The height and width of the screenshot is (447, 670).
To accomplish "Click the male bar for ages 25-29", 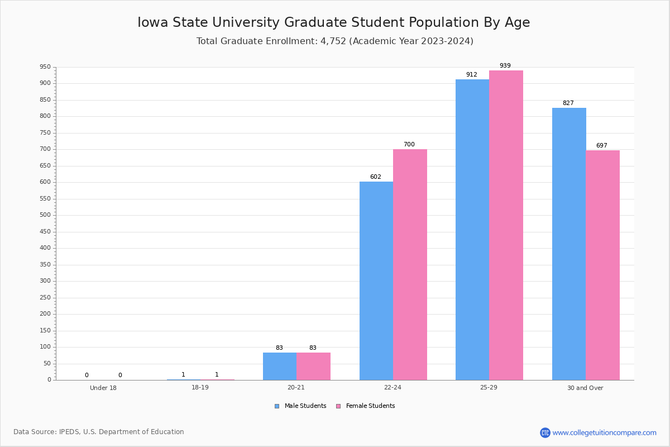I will [472, 229].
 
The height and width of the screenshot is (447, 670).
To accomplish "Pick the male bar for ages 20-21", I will [280, 366].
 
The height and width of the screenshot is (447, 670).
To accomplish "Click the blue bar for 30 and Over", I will [569, 244].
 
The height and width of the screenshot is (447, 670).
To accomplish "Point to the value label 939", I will [505, 66].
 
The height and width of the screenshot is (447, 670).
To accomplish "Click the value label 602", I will [375, 177].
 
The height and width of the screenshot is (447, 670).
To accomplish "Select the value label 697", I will [601, 146].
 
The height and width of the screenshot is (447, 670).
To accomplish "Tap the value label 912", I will [471, 75].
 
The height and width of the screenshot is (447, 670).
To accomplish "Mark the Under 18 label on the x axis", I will [103, 388].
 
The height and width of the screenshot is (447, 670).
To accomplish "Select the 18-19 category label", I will [200, 387].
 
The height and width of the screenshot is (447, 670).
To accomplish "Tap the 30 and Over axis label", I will [585, 388].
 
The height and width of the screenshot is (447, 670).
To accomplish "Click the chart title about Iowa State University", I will [334, 22].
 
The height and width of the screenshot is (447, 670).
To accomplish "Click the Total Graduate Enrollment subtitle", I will [334, 41].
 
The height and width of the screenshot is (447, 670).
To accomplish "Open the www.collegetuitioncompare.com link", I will [604, 432].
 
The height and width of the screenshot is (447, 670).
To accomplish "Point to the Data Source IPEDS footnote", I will [99, 432].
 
